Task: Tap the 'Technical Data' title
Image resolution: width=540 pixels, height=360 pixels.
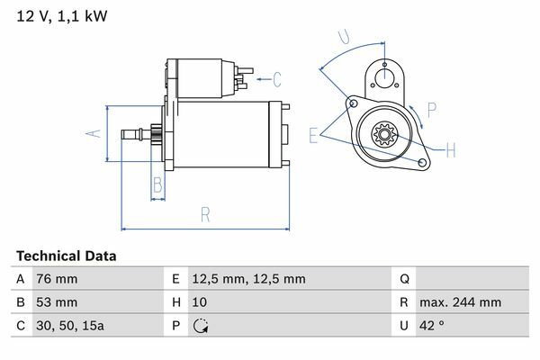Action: (x=66, y=256)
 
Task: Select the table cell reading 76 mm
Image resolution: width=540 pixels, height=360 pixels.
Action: (x=55, y=279)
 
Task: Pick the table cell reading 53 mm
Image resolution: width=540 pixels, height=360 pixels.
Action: (x=55, y=302)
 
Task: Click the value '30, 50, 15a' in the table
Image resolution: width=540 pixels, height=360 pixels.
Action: (x=68, y=326)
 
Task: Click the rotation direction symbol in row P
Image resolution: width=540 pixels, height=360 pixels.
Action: (x=200, y=326)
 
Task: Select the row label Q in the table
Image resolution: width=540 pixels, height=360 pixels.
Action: (x=403, y=279)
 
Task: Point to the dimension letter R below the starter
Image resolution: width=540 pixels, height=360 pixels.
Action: (x=204, y=214)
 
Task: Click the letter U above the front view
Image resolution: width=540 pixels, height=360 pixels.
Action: (x=343, y=37)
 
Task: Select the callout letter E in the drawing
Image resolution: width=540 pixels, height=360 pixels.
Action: (x=313, y=135)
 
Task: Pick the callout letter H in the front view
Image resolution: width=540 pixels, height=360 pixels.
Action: (x=451, y=148)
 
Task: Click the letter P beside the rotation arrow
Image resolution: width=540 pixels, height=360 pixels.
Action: (x=432, y=111)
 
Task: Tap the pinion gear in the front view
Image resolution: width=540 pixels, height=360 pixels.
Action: (x=385, y=136)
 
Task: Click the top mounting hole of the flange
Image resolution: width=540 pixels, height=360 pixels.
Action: (x=385, y=65)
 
